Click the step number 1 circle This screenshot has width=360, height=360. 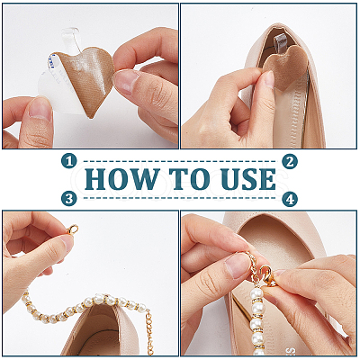[69, 161]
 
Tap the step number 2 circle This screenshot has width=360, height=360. [290, 161]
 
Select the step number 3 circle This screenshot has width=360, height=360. [69, 199]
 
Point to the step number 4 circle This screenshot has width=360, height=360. [290, 199]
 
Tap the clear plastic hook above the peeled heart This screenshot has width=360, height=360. [71, 38]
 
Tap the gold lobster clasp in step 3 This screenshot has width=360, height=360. [72, 230]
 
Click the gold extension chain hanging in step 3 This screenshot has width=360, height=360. [149, 333]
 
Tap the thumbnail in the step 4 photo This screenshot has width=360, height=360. [237, 265]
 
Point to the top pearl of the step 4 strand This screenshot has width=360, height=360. [256, 292]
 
